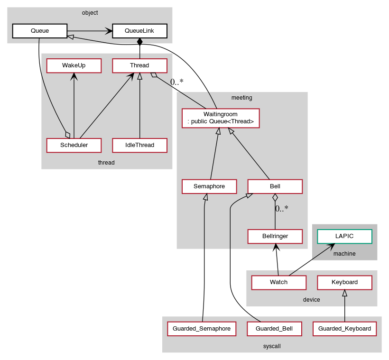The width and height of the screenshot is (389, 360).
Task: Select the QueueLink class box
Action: (x=139, y=31)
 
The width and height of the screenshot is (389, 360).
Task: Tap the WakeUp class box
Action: (x=74, y=65)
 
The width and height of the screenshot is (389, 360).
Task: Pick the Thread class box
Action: (x=139, y=65)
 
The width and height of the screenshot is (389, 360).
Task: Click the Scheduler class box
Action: (x=74, y=145)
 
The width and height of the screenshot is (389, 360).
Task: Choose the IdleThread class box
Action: (x=139, y=145)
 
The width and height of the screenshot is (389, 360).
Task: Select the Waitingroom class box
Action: (x=221, y=118)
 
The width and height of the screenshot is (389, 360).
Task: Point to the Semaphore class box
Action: (x=209, y=186)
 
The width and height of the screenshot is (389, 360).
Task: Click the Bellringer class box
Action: (x=275, y=236)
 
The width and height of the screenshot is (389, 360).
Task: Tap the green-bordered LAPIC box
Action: (x=344, y=236)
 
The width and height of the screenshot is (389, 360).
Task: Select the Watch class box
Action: (x=278, y=282)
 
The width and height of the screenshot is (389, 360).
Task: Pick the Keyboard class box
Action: (x=344, y=282)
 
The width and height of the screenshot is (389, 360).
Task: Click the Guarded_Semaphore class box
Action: (x=202, y=328)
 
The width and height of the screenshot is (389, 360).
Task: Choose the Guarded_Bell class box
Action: (x=274, y=328)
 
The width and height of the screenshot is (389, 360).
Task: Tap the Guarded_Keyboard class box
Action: (x=345, y=328)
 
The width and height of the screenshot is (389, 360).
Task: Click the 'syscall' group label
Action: (x=272, y=346)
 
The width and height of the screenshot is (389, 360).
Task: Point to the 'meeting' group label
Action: (x=242, y=98)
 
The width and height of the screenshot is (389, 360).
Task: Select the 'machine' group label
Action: (x=344, y=254)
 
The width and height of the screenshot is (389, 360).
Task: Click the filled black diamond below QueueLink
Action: (x=139, y=42)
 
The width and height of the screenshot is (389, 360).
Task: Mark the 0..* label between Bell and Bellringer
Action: (x=282, y=208)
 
